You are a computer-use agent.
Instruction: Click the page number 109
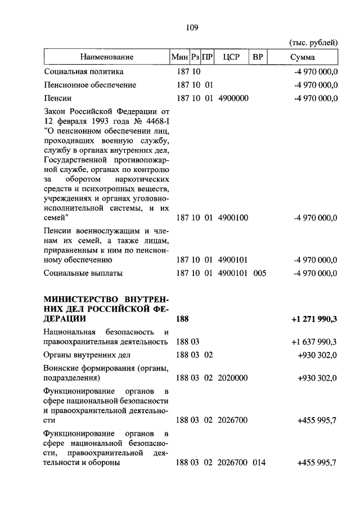coord(191,26)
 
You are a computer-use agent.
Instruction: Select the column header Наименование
coord(106,57)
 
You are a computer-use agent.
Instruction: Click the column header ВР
coord(258,57)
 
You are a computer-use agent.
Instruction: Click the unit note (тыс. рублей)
coord(313,43)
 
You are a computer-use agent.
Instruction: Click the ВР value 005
coord(259,273)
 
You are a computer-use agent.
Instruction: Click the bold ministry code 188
coord(182,319)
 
